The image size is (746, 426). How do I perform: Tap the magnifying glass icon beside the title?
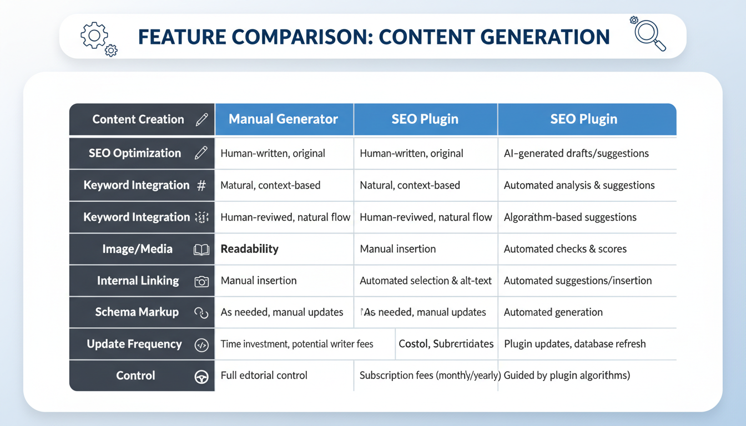[x=649, y=34]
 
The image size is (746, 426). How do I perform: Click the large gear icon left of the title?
[x=94, y=36]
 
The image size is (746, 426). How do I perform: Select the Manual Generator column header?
[x=283, y=119]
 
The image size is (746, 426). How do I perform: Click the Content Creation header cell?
[x=138, y=119]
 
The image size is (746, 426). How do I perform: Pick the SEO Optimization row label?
[x=135, y=154]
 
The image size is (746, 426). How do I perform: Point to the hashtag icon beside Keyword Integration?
[x=201, y=186]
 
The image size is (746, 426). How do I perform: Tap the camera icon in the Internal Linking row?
[x=201, y=281]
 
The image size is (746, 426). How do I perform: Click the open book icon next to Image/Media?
[x=201, y=250]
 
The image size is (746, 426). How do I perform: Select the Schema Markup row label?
[x=137, y=312]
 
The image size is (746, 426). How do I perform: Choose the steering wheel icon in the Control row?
[x=201, y=377]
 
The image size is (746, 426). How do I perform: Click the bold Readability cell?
[x=249, y=249]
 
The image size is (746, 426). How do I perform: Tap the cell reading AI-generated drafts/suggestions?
[x=576, y=154]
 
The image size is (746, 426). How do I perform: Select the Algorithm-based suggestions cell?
[x=570, y=217]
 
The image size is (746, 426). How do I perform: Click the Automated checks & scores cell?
[x=565, y=249]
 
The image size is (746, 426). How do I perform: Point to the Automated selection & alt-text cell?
[x=426, y=281]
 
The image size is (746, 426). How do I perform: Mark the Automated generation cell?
[x=553, y=312]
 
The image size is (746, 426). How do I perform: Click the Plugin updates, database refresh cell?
[x=574, y=344]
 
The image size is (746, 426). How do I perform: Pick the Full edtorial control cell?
[x=264, y=376]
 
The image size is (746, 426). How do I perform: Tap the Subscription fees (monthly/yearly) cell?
[x=430, y=376]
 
